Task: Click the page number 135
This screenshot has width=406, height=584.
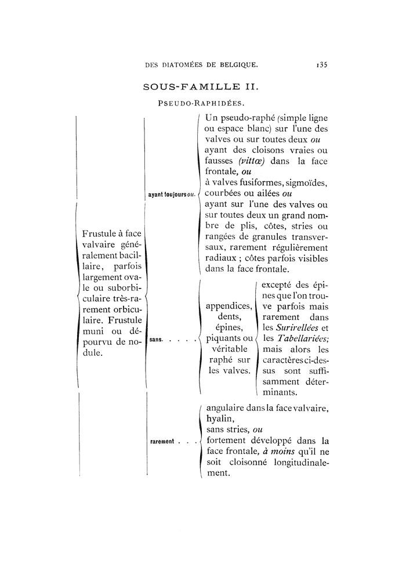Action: click(x=319, y=65)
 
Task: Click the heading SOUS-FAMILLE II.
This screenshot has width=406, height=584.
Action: click(x=200, y=88)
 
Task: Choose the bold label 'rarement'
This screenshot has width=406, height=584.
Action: click(x=162, y=442)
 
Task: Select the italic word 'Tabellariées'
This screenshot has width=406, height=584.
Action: click(x=303, y=340)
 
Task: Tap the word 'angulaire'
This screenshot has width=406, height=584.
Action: click(x=226, y=408)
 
